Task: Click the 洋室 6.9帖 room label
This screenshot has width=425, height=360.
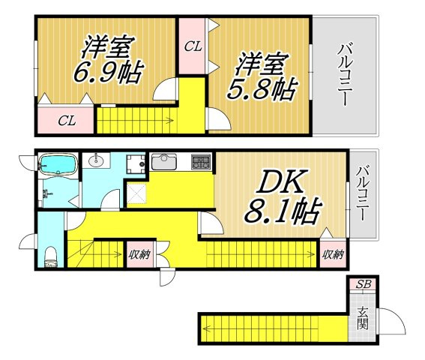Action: (108, 60)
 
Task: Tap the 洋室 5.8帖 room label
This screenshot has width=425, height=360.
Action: (262, 76)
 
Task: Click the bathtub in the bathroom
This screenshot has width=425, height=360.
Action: (58, 163)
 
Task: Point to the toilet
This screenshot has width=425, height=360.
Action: (51, 256)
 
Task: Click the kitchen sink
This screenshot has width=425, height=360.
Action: (164, 161)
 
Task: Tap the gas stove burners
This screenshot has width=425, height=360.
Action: (201, 162)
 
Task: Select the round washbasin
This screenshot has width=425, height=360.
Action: (96, 160)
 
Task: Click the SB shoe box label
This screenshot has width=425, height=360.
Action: (364, 284)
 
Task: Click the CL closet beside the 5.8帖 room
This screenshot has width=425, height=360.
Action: (193, 46)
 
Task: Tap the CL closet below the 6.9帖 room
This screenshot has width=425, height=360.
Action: (67, 121)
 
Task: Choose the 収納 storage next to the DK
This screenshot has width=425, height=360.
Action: (333, 254)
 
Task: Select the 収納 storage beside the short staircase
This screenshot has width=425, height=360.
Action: (139, 254)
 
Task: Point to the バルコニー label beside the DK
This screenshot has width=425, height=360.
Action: (362, 193)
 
